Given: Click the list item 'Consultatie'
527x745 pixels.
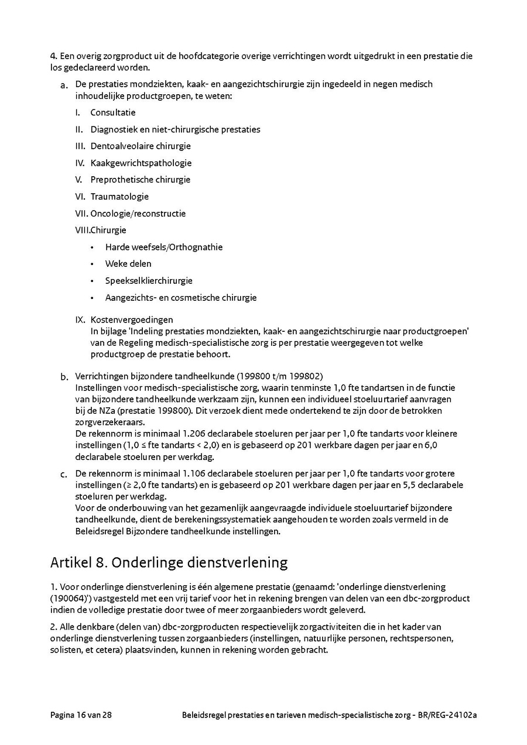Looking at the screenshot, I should pos(112,112).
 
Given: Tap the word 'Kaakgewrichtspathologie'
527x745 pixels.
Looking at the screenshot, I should pos(141,163).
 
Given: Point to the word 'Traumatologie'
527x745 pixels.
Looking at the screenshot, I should pos(119,197).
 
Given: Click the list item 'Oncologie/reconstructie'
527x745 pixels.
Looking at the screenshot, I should pos(138,214).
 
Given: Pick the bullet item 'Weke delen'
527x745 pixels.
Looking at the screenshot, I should pos(128,264).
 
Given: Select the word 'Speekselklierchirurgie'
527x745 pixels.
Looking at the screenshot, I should pos(149,281).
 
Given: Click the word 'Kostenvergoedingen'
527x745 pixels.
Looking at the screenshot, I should pos(132,320).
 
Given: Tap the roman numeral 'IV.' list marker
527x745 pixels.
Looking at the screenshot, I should pos(80,163).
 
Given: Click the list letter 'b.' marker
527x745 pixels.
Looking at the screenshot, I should pos(64,377).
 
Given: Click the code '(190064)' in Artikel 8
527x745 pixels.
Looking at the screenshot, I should pos(70,598).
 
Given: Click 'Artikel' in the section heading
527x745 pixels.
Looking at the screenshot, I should pos(70,563).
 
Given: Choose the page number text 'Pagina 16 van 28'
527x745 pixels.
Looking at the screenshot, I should pos(81,715).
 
